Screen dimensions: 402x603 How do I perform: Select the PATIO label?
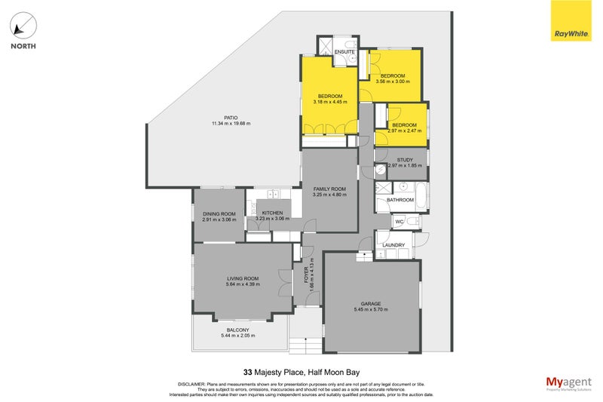click(220, 117)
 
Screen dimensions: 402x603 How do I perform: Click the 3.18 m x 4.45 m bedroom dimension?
click(330, 103)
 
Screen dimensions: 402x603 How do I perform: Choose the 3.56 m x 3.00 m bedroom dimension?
click(393, 81)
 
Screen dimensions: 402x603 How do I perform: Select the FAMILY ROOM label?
click(329, 189)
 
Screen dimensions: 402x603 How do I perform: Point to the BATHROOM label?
click(400, 200)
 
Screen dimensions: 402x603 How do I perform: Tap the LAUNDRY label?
click(393, 245)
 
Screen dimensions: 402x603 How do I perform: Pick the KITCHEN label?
click(271, 213)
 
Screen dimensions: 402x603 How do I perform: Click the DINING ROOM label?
click(219, 213)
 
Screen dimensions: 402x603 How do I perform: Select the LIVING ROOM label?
click(243, 279)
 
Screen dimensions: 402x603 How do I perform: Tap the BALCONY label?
click(239, 330)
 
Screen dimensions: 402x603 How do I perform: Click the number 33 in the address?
click(248, 371)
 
